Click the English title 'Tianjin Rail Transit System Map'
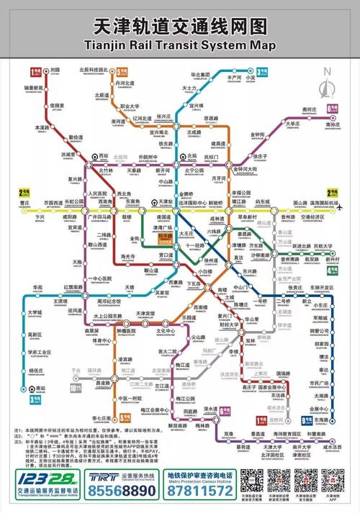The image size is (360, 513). click(x=179, y=47)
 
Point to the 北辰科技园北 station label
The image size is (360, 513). click(x=94, y=70)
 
